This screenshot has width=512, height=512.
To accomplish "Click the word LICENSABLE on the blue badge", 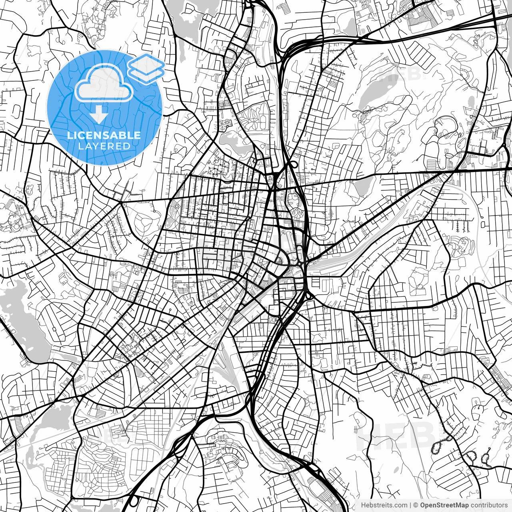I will pyautogui.click(x=104, y=135).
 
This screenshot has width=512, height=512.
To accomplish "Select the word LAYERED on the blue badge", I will pyautogui.click(x=104, y=146).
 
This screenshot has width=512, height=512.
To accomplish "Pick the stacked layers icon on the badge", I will pyautogui.click(x=146, y=68).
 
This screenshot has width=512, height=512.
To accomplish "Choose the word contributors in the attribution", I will pyautogui.click(x=489, y=505).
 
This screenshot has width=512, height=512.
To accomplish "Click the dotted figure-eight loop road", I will pyautogui.click(x=439, y=444).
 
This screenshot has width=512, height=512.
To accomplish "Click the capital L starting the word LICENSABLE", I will pyautogui.click(x=70, y=135).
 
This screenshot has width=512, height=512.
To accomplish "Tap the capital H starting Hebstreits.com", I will pyautogui.click(x=364, y=505).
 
